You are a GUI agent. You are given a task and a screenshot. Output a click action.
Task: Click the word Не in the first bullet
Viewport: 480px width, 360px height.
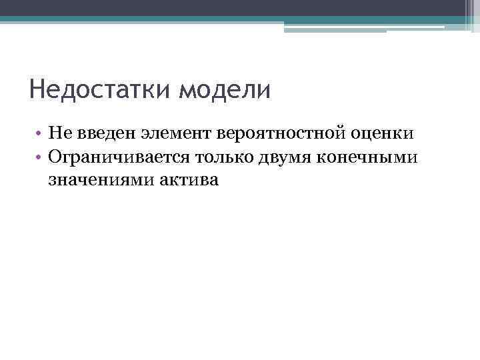[59, 133]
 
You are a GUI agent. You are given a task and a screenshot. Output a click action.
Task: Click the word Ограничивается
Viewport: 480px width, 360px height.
[117, 157]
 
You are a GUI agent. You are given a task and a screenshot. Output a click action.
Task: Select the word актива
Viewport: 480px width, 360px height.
[189, 179]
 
